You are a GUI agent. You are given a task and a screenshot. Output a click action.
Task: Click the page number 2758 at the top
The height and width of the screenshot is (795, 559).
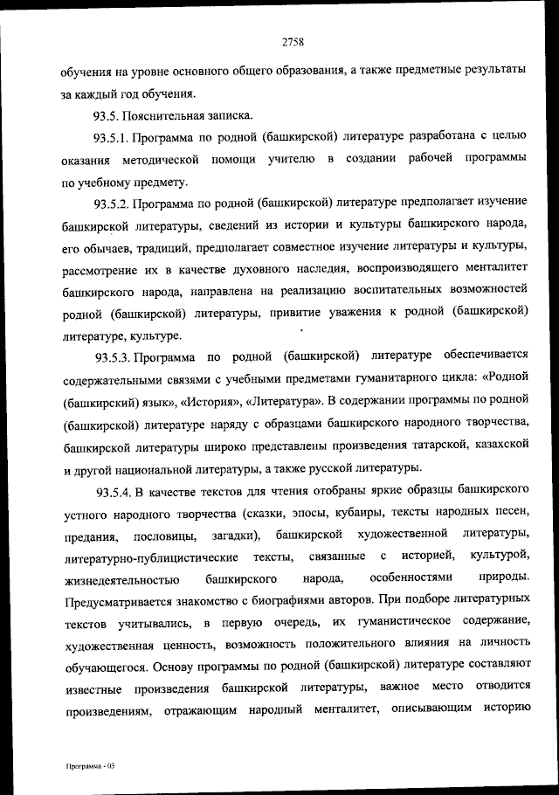tap(293, 38)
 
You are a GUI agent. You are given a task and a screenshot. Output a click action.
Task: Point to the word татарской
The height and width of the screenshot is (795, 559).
tap(432, 446)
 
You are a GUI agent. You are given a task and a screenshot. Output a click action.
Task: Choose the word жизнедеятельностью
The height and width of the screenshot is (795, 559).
tap(121, 578)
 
